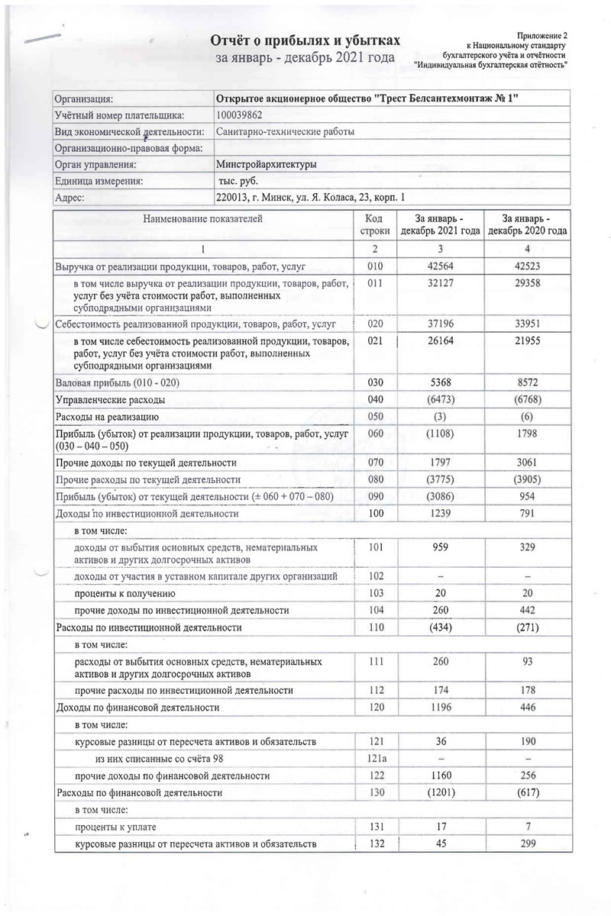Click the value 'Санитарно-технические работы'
point(285,131)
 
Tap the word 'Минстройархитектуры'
point(267,164)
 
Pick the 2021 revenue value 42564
point(442,266)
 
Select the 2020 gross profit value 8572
point(524,380)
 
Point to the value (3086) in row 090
point(442,496)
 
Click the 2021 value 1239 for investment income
point(442,514)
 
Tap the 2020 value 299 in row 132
point(524,843)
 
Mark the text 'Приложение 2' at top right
point(542,36)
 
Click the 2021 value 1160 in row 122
point(442,776)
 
